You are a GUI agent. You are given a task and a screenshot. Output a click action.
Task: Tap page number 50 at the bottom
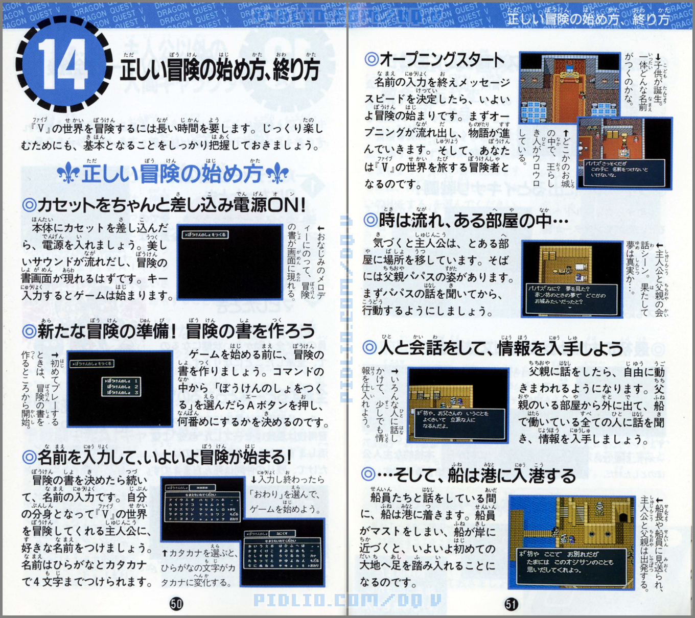(x=176, y=604)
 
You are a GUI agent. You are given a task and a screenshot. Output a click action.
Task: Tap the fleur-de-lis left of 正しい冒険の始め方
(x=67, y=174)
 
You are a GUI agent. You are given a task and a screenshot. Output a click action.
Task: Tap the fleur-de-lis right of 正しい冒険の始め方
(x=277, y=174)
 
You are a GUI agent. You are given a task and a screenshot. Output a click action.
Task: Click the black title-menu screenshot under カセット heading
(x=229, y=262)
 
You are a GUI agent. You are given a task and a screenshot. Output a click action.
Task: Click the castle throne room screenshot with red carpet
(x=562, y=87)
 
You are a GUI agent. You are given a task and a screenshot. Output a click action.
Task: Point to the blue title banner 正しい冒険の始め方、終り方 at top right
(x=588, y=19)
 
